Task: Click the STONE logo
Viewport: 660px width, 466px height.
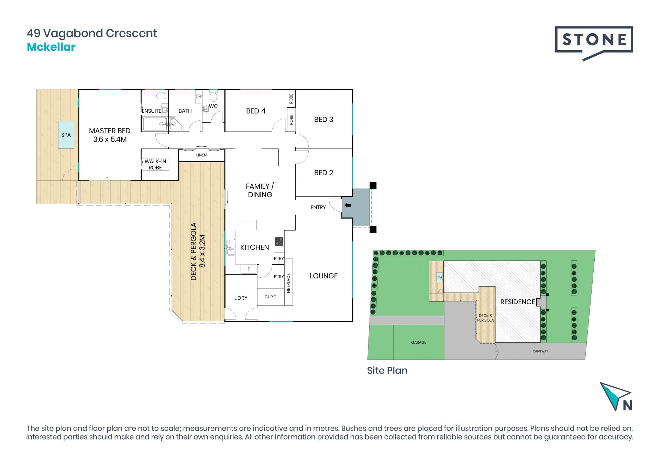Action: click(594, 43)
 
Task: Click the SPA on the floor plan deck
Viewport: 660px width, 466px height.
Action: click(66, 135)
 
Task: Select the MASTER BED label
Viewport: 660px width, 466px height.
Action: click(110, 131)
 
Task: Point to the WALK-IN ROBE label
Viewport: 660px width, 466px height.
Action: click(155, 165)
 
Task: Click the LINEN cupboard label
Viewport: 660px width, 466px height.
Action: click(201, 155)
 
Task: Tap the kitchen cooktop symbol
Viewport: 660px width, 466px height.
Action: click(279, 241)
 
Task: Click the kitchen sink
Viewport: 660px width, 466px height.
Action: click(230, 247)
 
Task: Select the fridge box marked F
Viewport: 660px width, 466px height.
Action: click(249, 269)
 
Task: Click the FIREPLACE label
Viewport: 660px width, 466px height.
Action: click(288, 283)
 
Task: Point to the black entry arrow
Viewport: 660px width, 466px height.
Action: click(348, 206)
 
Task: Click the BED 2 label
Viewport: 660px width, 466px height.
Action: click(323, 173)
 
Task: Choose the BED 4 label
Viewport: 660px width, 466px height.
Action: click(256, 111)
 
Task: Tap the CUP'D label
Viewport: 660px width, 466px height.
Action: click(271, 297)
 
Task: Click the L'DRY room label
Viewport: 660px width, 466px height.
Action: click(241, 298)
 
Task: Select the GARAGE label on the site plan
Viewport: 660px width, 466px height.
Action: click(419, 342)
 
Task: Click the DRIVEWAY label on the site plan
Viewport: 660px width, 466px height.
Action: click(541, 351)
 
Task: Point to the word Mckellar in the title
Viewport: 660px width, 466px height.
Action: click(51, 47)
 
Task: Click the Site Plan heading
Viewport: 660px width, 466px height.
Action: click(387, 370)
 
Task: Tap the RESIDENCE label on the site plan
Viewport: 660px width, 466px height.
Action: click(518, 302)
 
